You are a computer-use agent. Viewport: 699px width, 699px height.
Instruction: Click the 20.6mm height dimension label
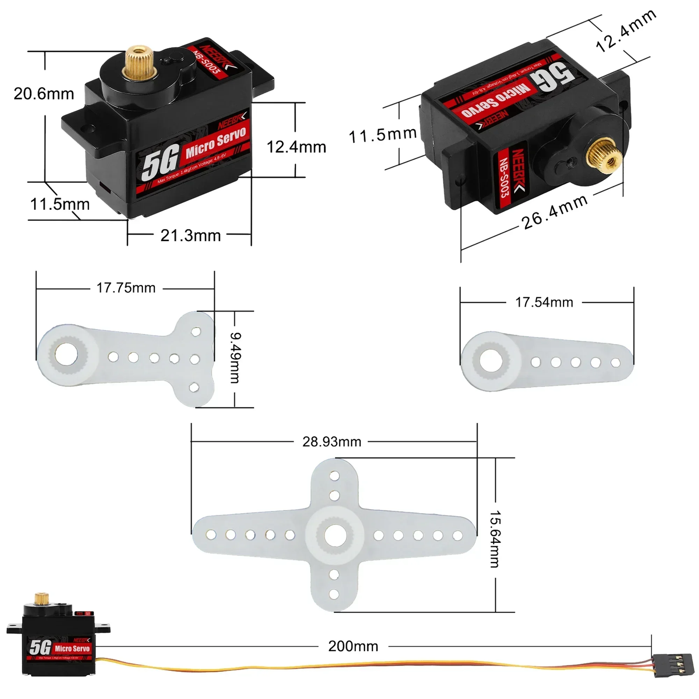44,94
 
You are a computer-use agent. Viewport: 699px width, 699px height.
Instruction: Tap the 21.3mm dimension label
190,236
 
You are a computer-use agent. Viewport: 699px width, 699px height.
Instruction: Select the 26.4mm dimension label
554,212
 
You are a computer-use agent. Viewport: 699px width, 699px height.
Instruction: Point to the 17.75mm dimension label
126,288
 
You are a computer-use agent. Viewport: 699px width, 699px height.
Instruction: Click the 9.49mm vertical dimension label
235,358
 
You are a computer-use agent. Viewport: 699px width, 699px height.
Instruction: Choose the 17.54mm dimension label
544,302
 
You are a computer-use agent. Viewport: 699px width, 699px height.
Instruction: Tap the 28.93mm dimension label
332,442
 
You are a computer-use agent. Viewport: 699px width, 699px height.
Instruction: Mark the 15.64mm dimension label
495,539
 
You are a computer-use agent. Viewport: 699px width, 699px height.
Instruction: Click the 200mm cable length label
353,646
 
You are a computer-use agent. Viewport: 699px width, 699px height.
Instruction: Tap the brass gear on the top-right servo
604,156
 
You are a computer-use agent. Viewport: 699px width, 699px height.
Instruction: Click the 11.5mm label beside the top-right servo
382,135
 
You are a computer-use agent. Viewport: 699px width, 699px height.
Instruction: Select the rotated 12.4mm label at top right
626,31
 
